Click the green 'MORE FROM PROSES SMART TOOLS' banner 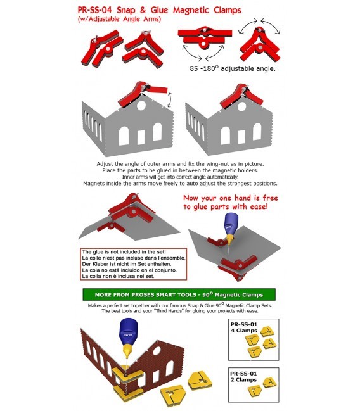click(179, 294)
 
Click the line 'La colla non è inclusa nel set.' click(117, 277)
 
